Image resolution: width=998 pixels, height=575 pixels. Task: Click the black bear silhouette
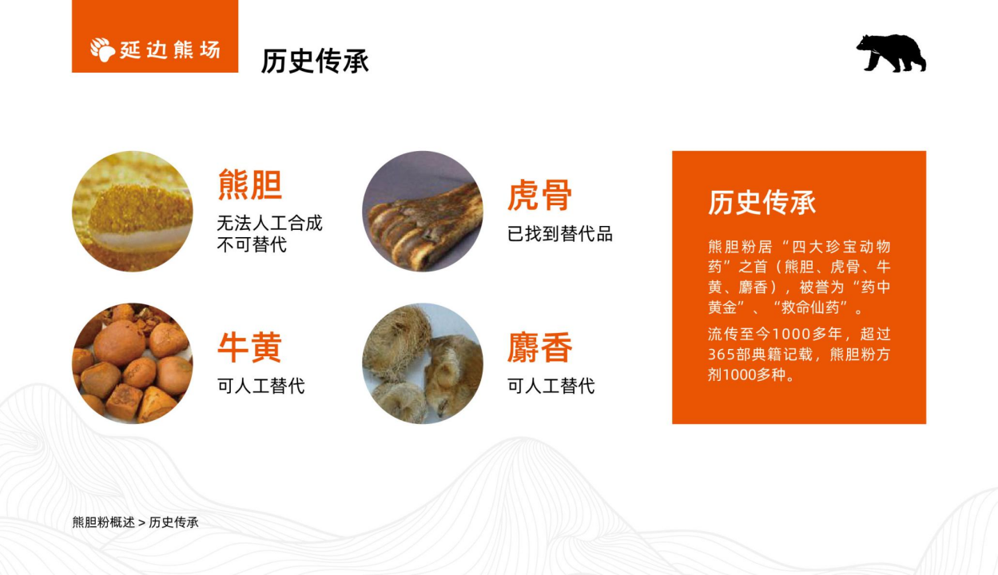point(891,54)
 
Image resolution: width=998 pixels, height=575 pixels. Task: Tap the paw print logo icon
point(102,50)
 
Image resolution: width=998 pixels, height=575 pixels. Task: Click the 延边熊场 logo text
point(170,50)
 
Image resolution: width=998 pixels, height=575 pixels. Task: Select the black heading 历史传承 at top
point(315,61)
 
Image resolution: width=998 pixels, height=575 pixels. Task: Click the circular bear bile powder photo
point(133,211)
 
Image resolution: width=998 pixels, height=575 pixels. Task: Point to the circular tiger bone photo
point(423,211)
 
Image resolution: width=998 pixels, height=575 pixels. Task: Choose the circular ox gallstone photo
point(133,363)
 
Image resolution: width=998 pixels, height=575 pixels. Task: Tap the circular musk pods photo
point(423,363)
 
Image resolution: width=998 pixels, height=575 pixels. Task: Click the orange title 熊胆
point(250,184)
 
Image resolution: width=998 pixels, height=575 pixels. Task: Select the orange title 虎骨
point(540,195)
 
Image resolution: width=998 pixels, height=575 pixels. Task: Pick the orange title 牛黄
point(250,347)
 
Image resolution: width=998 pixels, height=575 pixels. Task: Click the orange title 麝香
point(540,347)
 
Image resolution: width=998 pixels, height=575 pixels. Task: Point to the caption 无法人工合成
point(269,223)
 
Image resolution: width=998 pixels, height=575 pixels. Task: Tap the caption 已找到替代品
point(560,234)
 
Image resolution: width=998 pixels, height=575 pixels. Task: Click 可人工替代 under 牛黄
point(261,387)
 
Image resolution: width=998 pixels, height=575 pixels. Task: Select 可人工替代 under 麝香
point(551,387)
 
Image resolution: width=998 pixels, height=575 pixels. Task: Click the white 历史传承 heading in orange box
point(762,203)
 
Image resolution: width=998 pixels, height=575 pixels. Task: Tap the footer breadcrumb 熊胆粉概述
point(103,522)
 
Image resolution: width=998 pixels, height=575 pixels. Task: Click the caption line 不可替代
point(252,244)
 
